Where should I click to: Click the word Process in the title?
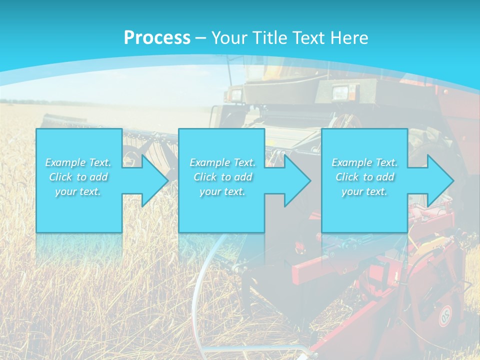click(x=157, y=37)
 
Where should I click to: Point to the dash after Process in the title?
click(x=200, y=38)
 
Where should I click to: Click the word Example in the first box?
click(x=65, y=162)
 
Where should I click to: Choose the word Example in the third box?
click(x=351, y=162)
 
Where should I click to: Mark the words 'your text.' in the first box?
click(x=78, y=191)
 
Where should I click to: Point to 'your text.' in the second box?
click(x=222, y=191)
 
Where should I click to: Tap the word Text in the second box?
click(x=243, y=162)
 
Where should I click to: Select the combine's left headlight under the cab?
click(x=235, y=93)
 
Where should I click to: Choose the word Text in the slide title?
click(x=307, y=37)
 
